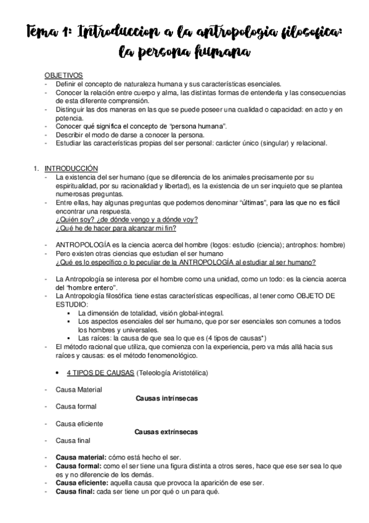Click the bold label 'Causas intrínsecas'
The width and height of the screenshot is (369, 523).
[166, 398]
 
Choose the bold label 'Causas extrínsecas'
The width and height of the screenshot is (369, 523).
[166, 432]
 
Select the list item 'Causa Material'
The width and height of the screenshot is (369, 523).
[79, 390]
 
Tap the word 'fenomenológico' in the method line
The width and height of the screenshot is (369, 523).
[167, 356]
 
